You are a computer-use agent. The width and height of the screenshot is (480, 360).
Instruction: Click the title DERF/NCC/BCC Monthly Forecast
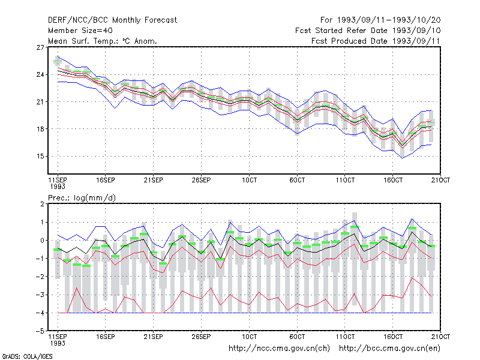112,20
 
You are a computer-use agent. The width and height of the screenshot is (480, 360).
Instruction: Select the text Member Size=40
80,31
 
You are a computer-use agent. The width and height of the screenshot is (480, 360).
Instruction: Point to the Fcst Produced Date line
376,41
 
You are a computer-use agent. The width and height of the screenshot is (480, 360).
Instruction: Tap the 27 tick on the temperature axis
40,47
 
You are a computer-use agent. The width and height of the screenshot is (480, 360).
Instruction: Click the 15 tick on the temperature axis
40,157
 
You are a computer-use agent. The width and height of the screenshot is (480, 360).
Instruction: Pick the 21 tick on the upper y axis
40,102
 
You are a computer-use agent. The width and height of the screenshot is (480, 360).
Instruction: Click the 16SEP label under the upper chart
106,180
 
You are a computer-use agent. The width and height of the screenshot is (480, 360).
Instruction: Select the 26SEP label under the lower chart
201,337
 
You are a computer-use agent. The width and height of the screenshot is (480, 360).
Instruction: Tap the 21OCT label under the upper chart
440,180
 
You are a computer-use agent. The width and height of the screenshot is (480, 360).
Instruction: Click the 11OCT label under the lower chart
345,337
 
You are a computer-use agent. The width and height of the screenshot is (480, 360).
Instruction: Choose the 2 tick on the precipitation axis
42,204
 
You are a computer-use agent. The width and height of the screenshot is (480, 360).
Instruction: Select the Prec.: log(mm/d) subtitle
82,198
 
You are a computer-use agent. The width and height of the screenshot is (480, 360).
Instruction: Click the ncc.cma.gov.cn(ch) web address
279,349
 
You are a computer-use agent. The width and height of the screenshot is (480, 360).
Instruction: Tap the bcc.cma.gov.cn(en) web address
389,349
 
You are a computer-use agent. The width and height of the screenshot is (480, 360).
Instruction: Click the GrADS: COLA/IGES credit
28,356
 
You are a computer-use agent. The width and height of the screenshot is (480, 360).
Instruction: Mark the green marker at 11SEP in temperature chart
58,61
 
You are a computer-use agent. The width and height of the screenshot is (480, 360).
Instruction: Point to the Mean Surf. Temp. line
102,41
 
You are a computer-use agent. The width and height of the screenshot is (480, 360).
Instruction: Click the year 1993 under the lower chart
58,343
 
